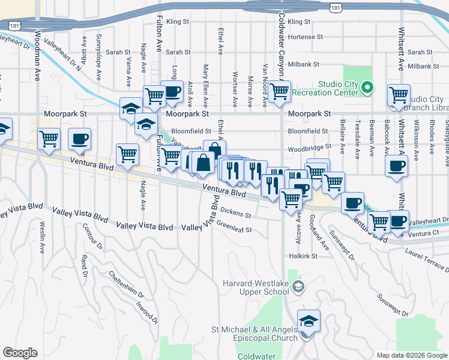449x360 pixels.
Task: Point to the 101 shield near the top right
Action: [x=336, y=7]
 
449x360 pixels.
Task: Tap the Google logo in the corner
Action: [x=20, y=353]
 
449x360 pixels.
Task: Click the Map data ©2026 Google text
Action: [x=411, y=355]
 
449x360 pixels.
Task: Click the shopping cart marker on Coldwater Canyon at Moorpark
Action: [x=279, y=92]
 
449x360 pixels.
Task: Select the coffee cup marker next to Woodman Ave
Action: [x=79, y=139]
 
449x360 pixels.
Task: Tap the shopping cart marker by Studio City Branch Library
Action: [x=399, y=95]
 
